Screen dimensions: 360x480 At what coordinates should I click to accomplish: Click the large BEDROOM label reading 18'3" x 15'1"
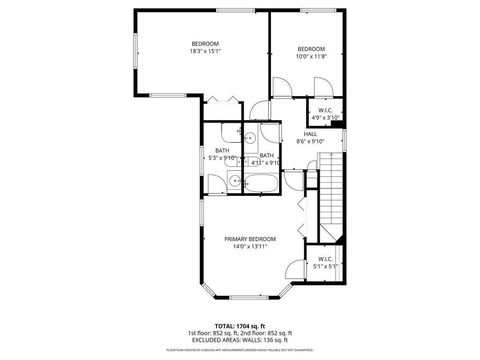pyautogui.click(x=205, y=46)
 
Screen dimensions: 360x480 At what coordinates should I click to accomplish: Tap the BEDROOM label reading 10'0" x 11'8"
pyautogui.click(x=311, y=52)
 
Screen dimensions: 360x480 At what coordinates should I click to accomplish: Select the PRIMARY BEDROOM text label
pyautogui.click(x=250, y=239)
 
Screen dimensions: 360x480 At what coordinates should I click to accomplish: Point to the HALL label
pyautogui.click(x=310, y=134)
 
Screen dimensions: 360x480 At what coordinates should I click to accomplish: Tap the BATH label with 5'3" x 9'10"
pyautogui.click(x=221, y=154)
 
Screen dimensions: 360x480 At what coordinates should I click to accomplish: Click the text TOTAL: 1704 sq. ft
pyautogui.click(x=239, y=325)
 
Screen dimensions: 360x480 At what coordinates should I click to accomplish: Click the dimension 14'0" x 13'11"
pyautogui.click(x=250, y=246)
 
